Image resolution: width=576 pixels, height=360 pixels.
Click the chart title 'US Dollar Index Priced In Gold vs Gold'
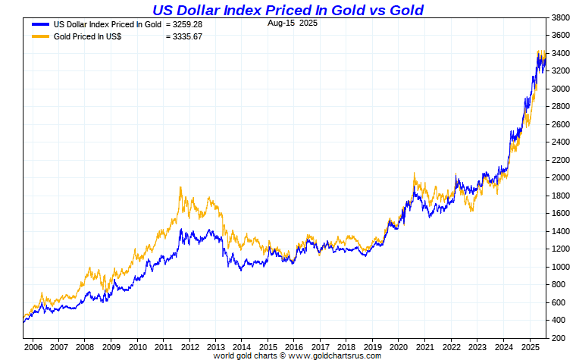click(288, 10)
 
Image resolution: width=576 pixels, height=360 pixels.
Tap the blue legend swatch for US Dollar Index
click(40, 24)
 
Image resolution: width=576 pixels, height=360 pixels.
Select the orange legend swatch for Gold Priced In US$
click(40, 36)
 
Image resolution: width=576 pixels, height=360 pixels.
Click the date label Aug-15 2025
click(292, 23)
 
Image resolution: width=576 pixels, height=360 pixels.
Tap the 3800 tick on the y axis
click(561, 17)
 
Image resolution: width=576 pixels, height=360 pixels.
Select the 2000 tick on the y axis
click(561, 178)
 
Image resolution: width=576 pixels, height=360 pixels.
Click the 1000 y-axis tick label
click(561, 267)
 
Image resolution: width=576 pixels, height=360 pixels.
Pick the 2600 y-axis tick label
click(561, 124)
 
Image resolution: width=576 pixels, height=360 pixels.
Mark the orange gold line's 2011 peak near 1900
click(180, 187)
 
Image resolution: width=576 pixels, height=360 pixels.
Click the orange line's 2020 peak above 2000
click(415, 174)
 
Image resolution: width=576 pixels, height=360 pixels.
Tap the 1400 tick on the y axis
click(561, 231)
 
